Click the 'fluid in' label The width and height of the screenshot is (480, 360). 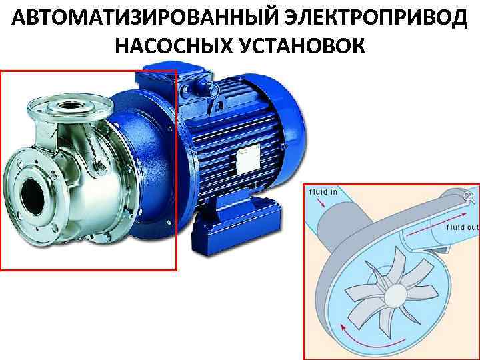323,192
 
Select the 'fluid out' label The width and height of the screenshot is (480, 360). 462,227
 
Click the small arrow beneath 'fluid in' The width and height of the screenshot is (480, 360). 321,203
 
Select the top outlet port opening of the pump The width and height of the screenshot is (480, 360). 70,106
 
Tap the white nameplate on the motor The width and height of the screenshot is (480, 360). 249,162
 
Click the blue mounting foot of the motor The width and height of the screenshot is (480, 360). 236,225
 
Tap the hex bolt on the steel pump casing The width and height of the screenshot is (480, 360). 101,168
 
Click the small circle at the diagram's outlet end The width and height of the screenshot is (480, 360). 467,196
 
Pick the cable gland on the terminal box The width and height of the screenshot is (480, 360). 214,89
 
